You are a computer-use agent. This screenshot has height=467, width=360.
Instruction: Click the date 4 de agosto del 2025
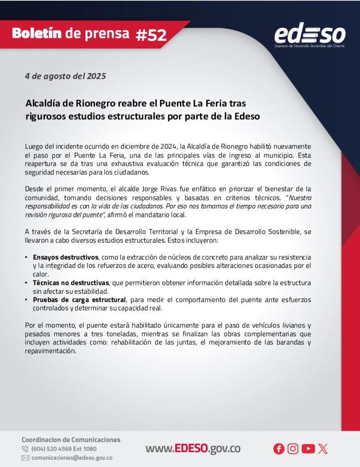[65, 76]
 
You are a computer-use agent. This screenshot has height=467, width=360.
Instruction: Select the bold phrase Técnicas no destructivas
[71, 283]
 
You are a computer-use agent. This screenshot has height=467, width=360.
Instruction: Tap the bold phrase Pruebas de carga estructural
[79, 300]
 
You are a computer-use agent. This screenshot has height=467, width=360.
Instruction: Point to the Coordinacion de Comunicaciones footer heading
[71, 440]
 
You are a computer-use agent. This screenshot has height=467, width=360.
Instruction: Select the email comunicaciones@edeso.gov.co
[72, 458]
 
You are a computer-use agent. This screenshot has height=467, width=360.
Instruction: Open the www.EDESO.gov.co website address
[193, 449]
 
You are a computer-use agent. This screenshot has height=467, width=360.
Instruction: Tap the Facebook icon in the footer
[279, 449]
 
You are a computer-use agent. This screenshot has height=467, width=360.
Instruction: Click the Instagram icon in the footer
[293, 449]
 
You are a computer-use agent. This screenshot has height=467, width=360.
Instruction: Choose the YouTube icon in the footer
[308, 449]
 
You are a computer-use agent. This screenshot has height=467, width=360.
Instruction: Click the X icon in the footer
[323, 449]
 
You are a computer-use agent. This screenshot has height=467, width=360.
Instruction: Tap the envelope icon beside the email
[26, 458]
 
